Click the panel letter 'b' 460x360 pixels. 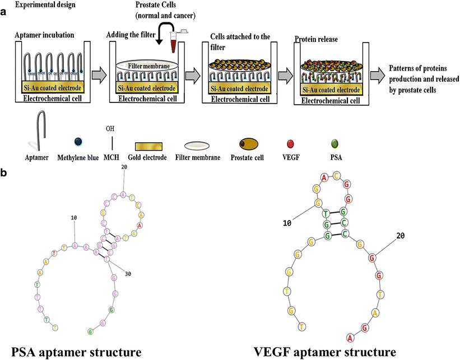tap(4, 174)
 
